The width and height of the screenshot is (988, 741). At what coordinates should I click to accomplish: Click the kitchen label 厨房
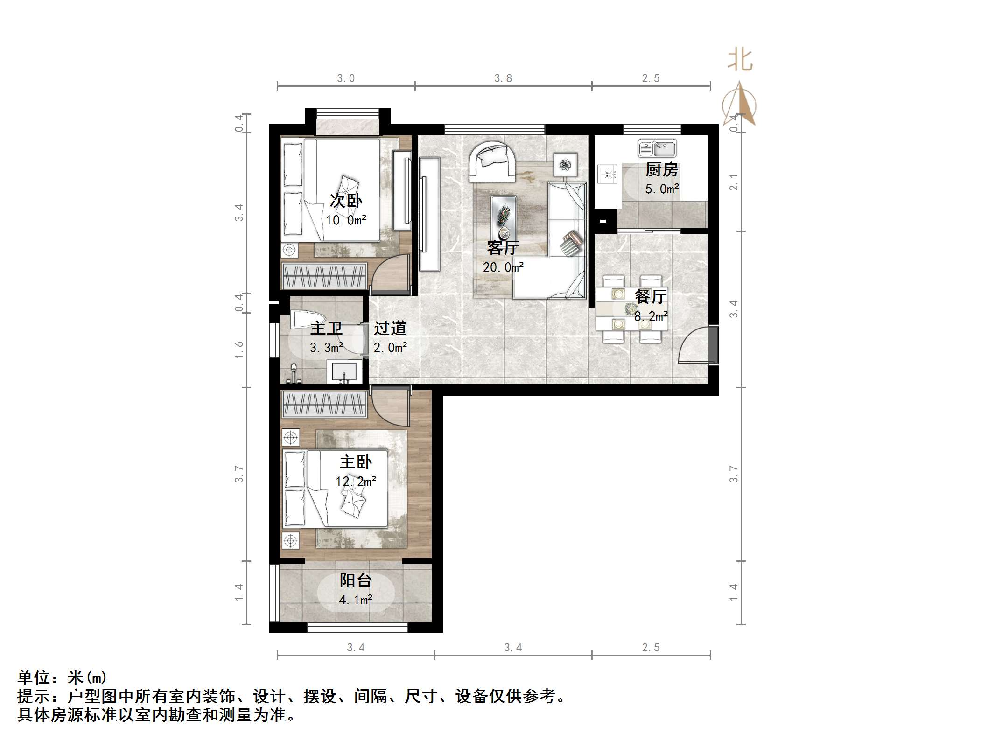pos(661,170)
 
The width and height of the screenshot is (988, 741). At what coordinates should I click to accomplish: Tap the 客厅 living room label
pos(503,247)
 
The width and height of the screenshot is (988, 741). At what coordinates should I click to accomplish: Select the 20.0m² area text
pos(503,267)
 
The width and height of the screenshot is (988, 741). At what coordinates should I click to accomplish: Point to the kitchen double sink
pos(657,149)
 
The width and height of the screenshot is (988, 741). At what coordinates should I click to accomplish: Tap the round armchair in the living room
pos(492,161)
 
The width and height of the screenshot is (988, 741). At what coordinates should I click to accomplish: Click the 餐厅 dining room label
pos(651,296)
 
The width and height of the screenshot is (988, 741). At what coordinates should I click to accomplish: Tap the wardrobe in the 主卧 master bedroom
pos(324,404)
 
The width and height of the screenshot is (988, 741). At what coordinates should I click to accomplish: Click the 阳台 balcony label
pos(356,580)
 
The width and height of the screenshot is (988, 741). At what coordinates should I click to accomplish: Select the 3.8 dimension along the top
pos(503,78)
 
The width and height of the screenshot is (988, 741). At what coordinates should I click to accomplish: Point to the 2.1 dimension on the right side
pos(734,182)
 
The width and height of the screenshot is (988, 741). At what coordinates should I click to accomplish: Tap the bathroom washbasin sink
pos(344,371)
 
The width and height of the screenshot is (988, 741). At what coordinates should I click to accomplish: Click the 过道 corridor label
pos(390,328)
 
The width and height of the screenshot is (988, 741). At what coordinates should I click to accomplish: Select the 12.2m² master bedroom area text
pos(356,481)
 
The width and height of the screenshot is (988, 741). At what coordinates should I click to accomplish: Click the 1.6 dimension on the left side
pos(239,350)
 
